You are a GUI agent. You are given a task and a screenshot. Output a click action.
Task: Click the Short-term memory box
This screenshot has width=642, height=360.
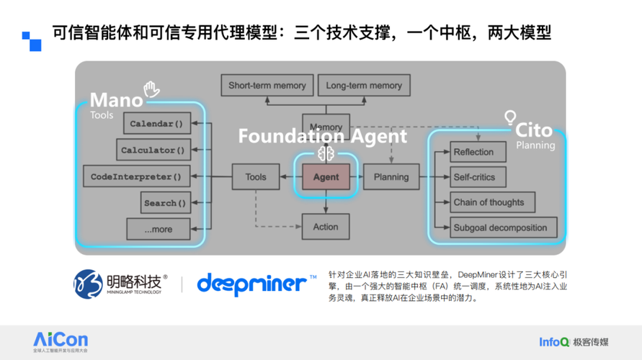267,86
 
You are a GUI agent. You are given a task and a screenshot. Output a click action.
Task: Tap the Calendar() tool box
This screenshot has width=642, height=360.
156,124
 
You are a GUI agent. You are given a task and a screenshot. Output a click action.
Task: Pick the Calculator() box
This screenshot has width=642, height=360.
153,150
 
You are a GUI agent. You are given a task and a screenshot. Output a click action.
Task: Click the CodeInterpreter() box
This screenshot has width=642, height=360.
135,176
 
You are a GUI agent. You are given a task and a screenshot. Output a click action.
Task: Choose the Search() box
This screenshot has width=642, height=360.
165,203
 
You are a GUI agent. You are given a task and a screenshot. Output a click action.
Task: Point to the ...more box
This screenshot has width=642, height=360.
159,229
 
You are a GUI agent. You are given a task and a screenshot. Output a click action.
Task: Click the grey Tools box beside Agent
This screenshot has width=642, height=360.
256,177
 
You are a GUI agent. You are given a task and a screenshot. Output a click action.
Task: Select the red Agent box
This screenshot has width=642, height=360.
326,177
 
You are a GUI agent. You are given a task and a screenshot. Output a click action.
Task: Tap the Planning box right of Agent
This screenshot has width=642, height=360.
391,177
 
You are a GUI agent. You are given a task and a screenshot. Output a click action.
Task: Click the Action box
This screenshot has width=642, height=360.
326,227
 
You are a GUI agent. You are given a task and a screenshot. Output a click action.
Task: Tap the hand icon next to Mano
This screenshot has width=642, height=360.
151,89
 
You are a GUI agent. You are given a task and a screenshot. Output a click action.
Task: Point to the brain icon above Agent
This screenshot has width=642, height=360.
324,153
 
